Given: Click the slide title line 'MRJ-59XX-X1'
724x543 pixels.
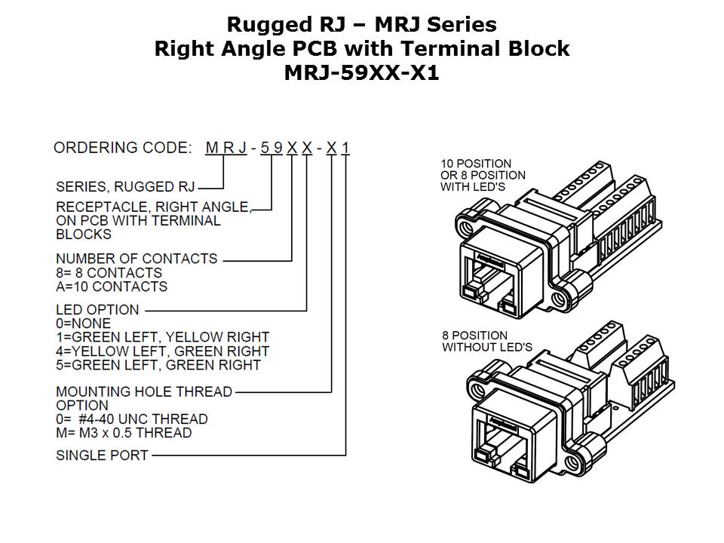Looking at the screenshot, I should click(x=362, y=74).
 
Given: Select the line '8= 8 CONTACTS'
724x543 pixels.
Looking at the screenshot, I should click(x=109, y=272).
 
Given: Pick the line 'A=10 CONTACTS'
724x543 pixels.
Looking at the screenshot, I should click(x=112, y=287).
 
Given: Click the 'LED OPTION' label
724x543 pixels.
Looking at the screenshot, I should click(x=97, y=309).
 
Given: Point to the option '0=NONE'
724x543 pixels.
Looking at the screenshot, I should click(x=83, y=323).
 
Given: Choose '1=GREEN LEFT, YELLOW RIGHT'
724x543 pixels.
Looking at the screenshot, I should click(x=162, y=337).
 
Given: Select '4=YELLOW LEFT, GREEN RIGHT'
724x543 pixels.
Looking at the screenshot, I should click(x=162, y=351).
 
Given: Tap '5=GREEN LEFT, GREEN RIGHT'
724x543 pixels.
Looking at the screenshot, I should click(x=158, y=366).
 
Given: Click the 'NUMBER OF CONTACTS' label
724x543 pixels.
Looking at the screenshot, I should click(x=137, y=259).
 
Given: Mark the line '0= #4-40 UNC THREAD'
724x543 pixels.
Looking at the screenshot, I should click(x=132, y=419).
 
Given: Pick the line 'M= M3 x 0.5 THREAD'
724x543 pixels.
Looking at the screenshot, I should click(x=124, y=433).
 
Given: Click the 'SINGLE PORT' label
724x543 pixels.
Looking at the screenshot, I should click(x=102, y=456).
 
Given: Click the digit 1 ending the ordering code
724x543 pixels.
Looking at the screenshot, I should click(x=345, y=148).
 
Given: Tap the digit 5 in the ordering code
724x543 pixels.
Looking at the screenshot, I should click(x=264, y=148).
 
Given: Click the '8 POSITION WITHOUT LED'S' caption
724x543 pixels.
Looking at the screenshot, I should click(x=486, y=342).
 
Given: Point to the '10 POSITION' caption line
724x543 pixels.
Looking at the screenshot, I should click(x=476, y=164).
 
